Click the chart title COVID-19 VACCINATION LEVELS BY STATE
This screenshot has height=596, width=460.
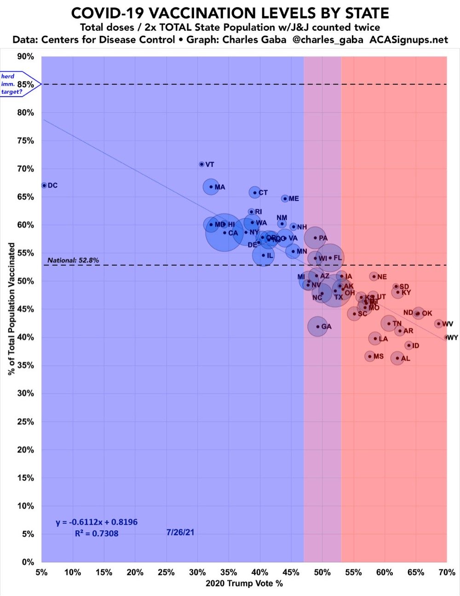point(230,13)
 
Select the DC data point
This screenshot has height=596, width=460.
point(44,185)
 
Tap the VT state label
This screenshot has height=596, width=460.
point(210,164)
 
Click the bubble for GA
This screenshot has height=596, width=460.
point(317,327)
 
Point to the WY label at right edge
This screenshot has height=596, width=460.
point(453,338)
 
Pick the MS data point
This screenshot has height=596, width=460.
point(370,356)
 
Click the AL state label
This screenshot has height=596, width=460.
point(405,358)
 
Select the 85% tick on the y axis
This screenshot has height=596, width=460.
point(26,84)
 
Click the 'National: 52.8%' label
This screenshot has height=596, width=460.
point(73,260)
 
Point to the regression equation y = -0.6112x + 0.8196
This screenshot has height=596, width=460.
point(97,522)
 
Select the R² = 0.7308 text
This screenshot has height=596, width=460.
point(97,533)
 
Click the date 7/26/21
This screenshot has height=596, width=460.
point(180,532)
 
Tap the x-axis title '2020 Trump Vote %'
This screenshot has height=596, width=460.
point(244,584)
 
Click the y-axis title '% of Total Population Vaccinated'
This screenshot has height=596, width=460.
point(11,309)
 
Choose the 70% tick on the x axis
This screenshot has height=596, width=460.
point(447,572)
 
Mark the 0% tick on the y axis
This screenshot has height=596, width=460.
point(28,562)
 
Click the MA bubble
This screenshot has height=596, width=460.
point(211,187)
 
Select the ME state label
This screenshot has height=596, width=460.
point(293,199)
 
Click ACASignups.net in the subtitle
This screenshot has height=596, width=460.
point(408,40)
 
